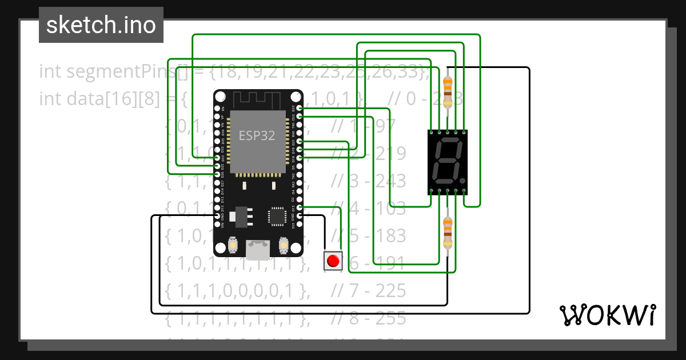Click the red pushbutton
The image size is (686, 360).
coord(332,261)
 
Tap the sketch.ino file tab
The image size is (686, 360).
coord(101,25)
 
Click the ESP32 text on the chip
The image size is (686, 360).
coord(257,136)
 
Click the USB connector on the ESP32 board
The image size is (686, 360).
coord(258,249)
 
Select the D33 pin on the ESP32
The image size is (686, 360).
coord(217,158)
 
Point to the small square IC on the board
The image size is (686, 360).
coord(277,217)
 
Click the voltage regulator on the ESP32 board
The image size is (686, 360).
coord(238,216)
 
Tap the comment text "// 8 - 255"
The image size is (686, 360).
coord(369,318)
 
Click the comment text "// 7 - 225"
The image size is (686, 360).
coord(369,291)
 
